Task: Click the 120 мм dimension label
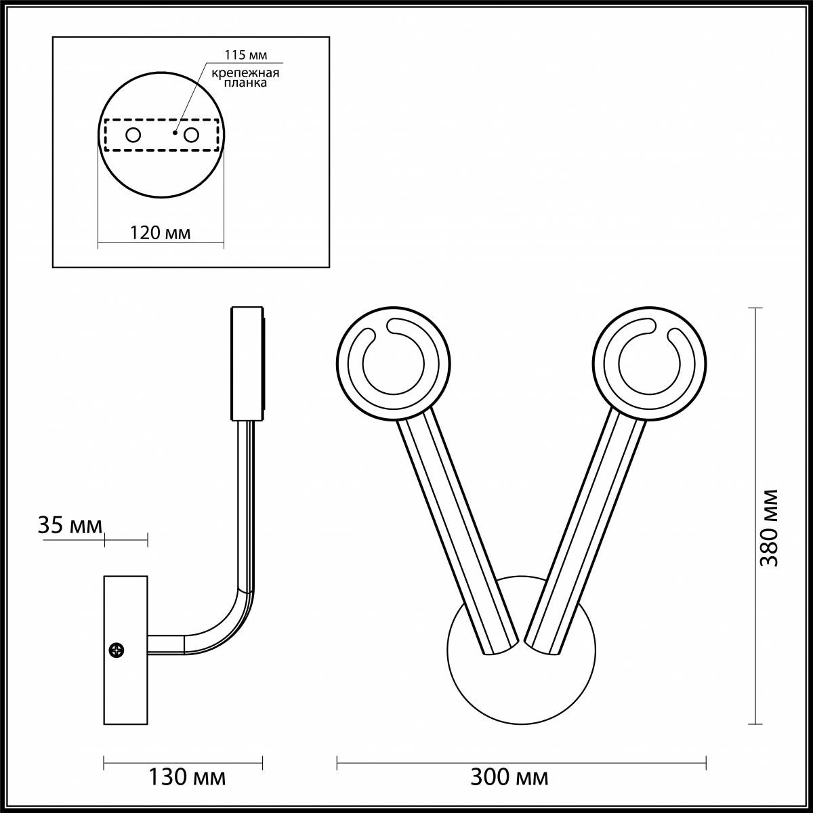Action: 160,233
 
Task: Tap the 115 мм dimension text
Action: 244,55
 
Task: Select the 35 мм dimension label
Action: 70,525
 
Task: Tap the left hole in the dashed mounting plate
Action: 133,135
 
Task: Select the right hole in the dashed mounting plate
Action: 192,135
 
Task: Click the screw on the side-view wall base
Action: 118,650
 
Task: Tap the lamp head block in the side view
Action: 247,364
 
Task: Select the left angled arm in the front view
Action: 457,535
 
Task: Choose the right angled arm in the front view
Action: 587,535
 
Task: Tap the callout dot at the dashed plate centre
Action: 175,133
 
